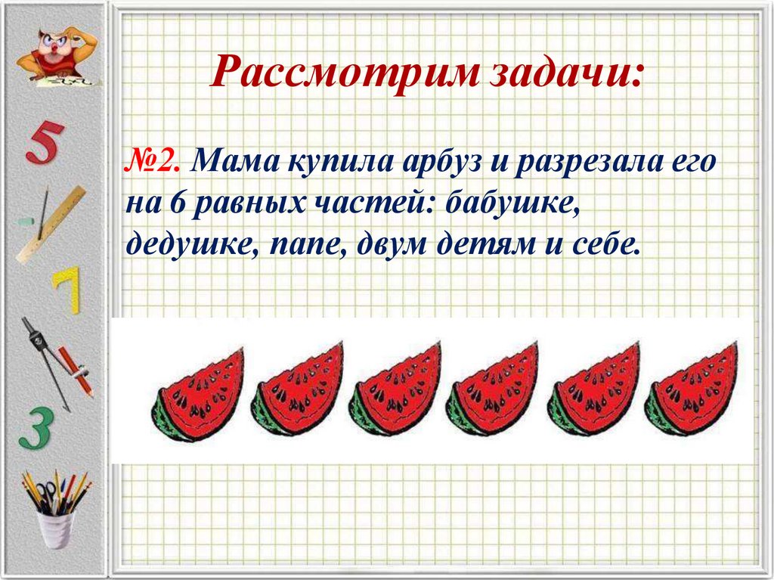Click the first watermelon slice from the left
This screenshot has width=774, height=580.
[x=199, y=395]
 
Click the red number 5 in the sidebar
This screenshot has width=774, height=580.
[x=44, y=144]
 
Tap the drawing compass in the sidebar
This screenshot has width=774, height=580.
[x=45, y=355]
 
